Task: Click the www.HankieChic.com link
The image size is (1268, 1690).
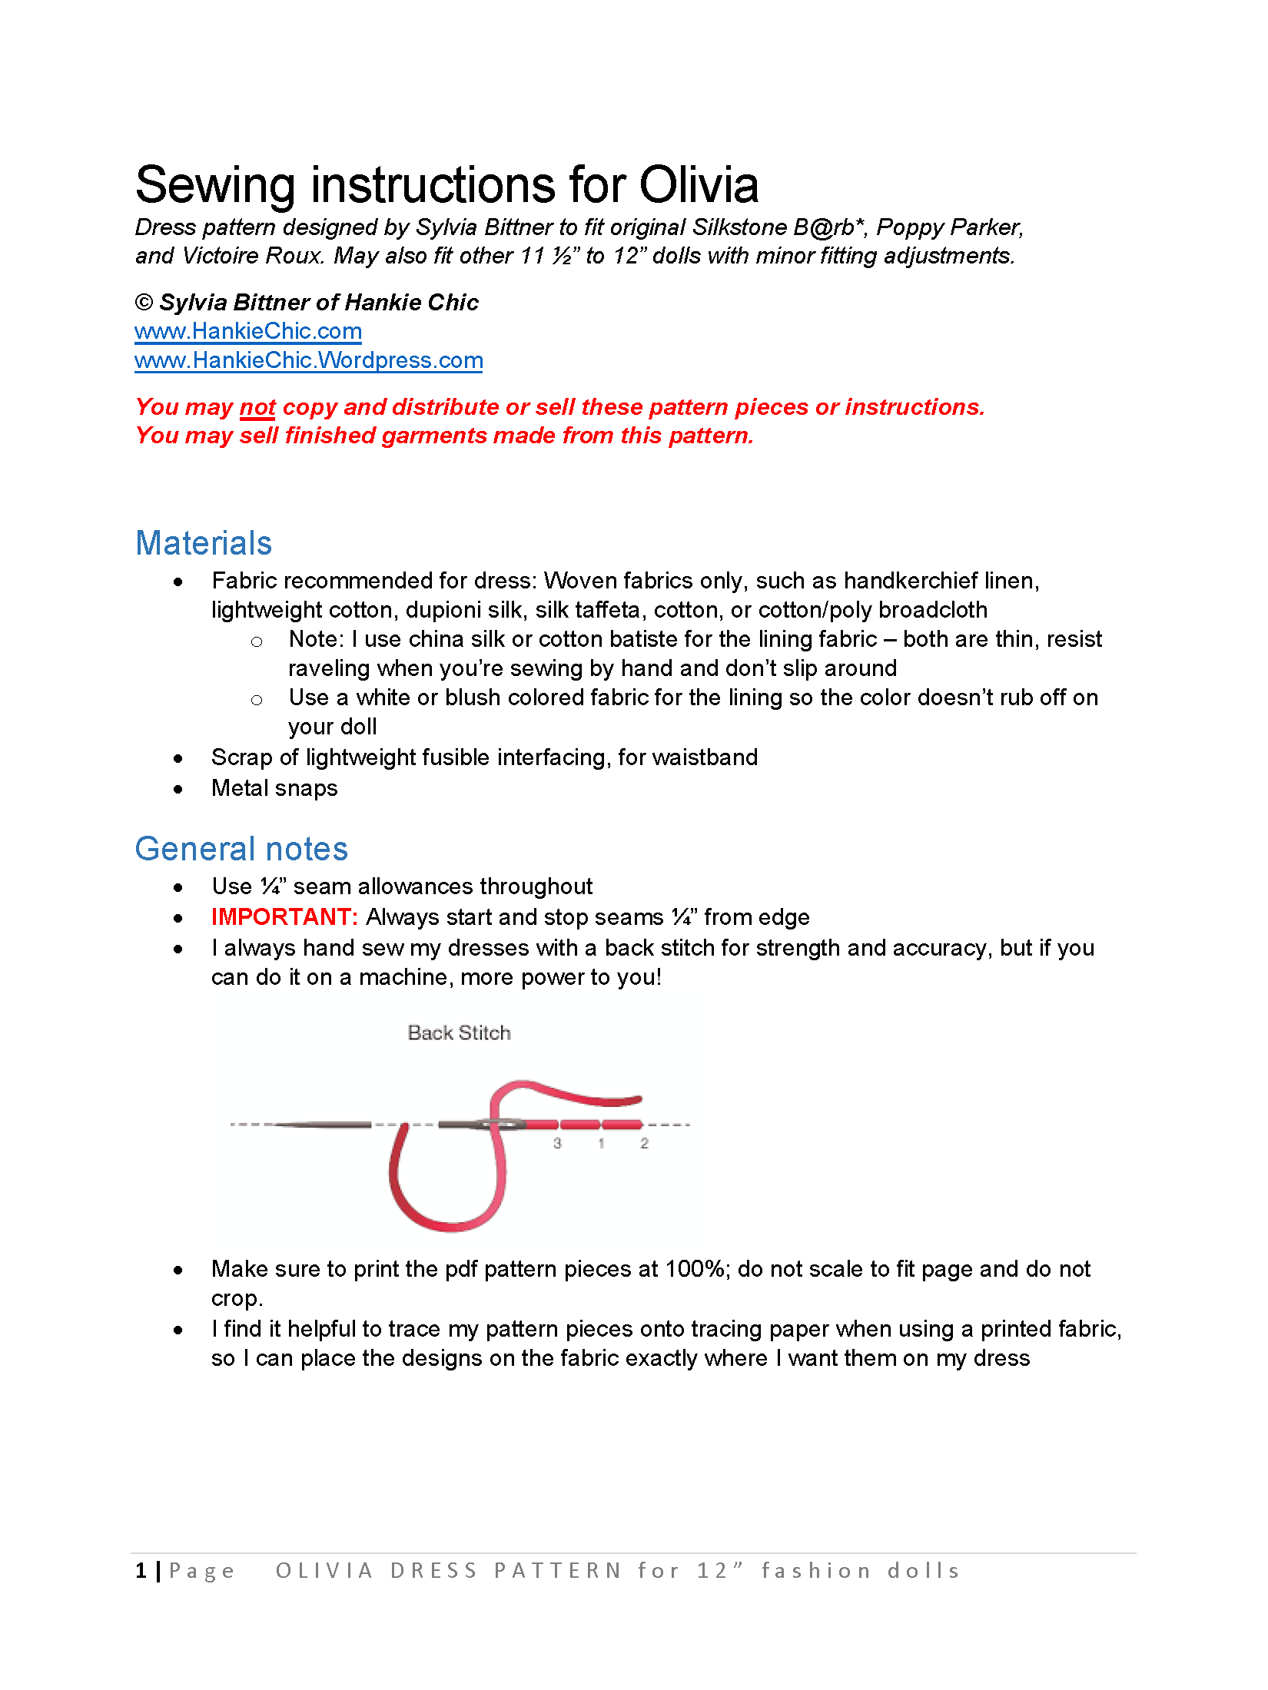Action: (247, 331)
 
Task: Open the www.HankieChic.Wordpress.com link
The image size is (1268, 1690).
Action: (308, 360)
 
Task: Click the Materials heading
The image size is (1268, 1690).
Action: (204, 543)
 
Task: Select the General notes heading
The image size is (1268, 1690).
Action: (241, 849)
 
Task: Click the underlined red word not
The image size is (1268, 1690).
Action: (257, 407)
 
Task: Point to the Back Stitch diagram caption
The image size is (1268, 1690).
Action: (459, 1032)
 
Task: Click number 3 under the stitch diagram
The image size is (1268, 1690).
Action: (557, 1143)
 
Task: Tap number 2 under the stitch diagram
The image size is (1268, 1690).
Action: (644, 1143)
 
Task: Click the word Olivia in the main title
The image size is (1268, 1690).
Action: (699, 185)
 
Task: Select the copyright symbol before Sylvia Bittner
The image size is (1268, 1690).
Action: (144, 302)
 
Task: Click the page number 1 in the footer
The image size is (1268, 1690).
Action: (141, 1570)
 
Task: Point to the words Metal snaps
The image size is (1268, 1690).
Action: (274, 788)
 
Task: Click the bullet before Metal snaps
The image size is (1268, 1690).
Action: (178, 789)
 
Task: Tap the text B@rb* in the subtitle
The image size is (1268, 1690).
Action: (829, 227)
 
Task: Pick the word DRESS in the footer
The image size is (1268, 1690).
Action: (433, 1570)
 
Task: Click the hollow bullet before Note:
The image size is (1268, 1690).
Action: (257, 641)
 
